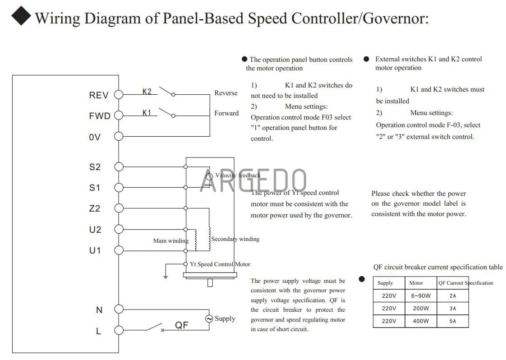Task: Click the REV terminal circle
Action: (x=119, y=95)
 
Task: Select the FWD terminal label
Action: (x=100, y=116)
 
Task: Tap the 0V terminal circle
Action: (x=119, y=137)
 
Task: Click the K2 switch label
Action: (x=147, y=92)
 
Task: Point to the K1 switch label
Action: (x=147, y=113)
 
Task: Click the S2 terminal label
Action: (x=95, y=167)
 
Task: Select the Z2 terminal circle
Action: (x=119, y=208)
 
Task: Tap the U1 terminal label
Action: (x=95, y=250)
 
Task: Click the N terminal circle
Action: (x=119, y=309)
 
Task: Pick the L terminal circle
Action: (x=119, y=330)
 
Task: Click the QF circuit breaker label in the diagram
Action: (x=182, y=325)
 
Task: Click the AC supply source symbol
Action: (x=209, y=318)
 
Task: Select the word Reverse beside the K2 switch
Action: (x=226, y=93)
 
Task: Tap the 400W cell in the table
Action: (x=421, y=321)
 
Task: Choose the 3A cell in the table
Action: (x=453, y=308)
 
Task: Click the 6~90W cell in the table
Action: (x=421, y=296)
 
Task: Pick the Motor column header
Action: (x=416, y=283)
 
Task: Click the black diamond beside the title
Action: (x=21, y=15)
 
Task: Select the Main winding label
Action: (x=171, y=241)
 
